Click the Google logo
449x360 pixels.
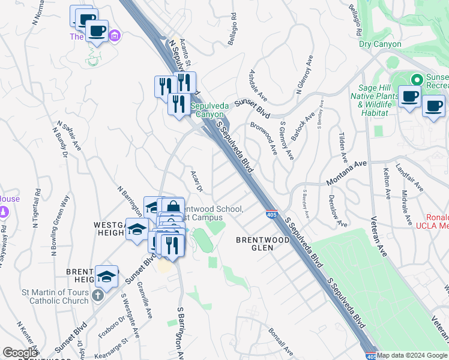[20, 353]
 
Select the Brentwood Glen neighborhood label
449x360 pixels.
[263, 244]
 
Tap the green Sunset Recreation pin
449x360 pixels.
[415, 79]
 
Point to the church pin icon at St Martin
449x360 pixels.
[98, 296]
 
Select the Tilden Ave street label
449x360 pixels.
[343, 147]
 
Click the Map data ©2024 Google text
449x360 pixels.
[412, 355]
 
